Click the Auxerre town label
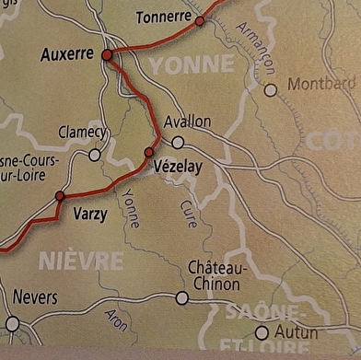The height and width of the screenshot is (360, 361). [67, 55]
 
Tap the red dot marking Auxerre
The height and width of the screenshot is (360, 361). [107, 55]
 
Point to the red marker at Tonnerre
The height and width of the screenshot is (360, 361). [200, 19]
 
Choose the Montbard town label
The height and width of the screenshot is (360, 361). [321, 84]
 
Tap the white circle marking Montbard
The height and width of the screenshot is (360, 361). [270, 90]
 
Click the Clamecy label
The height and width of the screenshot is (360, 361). [83, 132]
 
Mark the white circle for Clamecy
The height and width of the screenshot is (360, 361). [94, 155]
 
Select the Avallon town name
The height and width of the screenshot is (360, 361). [187, 122]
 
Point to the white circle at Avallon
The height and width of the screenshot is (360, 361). [178, 142]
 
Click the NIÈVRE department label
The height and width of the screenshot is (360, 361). [80, 261]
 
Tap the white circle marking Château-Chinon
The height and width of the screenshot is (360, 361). [182, 297]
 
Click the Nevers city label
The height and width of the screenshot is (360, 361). [35, 298]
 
